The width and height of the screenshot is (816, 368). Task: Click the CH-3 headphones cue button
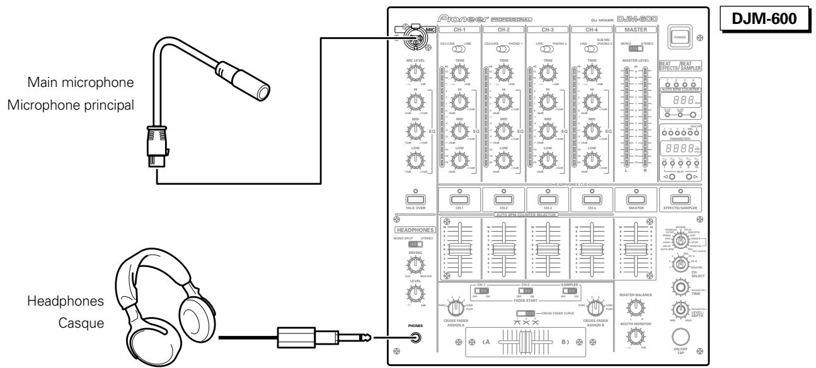(547, 199)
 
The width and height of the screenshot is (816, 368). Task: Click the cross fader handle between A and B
(522, 343)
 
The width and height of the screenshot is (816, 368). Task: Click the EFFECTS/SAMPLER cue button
(680, 199)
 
